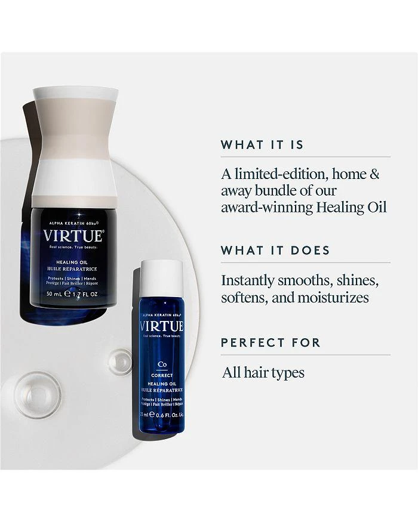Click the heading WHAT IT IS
point(262,145)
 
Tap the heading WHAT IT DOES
point(275,250)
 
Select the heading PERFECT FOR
point(271,342)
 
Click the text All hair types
point(263,373)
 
